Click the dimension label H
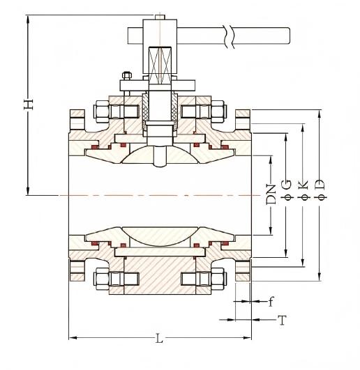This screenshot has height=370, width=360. pyautogui.click(x=29, y=104)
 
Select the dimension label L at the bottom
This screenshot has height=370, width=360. pyautogui.click(x=160, y=338)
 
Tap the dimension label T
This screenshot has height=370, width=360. pyautogui.click(x=282, y=320)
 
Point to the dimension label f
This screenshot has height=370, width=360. pyautogui.click(x=271, y=301)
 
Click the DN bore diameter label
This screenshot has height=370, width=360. pyautogui.click(x=271, y=194)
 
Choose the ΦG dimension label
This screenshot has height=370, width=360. pyautogui.click(x=287, y=190)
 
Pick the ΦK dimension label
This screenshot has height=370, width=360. pyautogui.click(x=303, y=190)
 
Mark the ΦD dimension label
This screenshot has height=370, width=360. pyautogui.click(x=320, y=190)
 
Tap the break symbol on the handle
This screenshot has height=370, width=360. pyautogui.click(x=229, y=36)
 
